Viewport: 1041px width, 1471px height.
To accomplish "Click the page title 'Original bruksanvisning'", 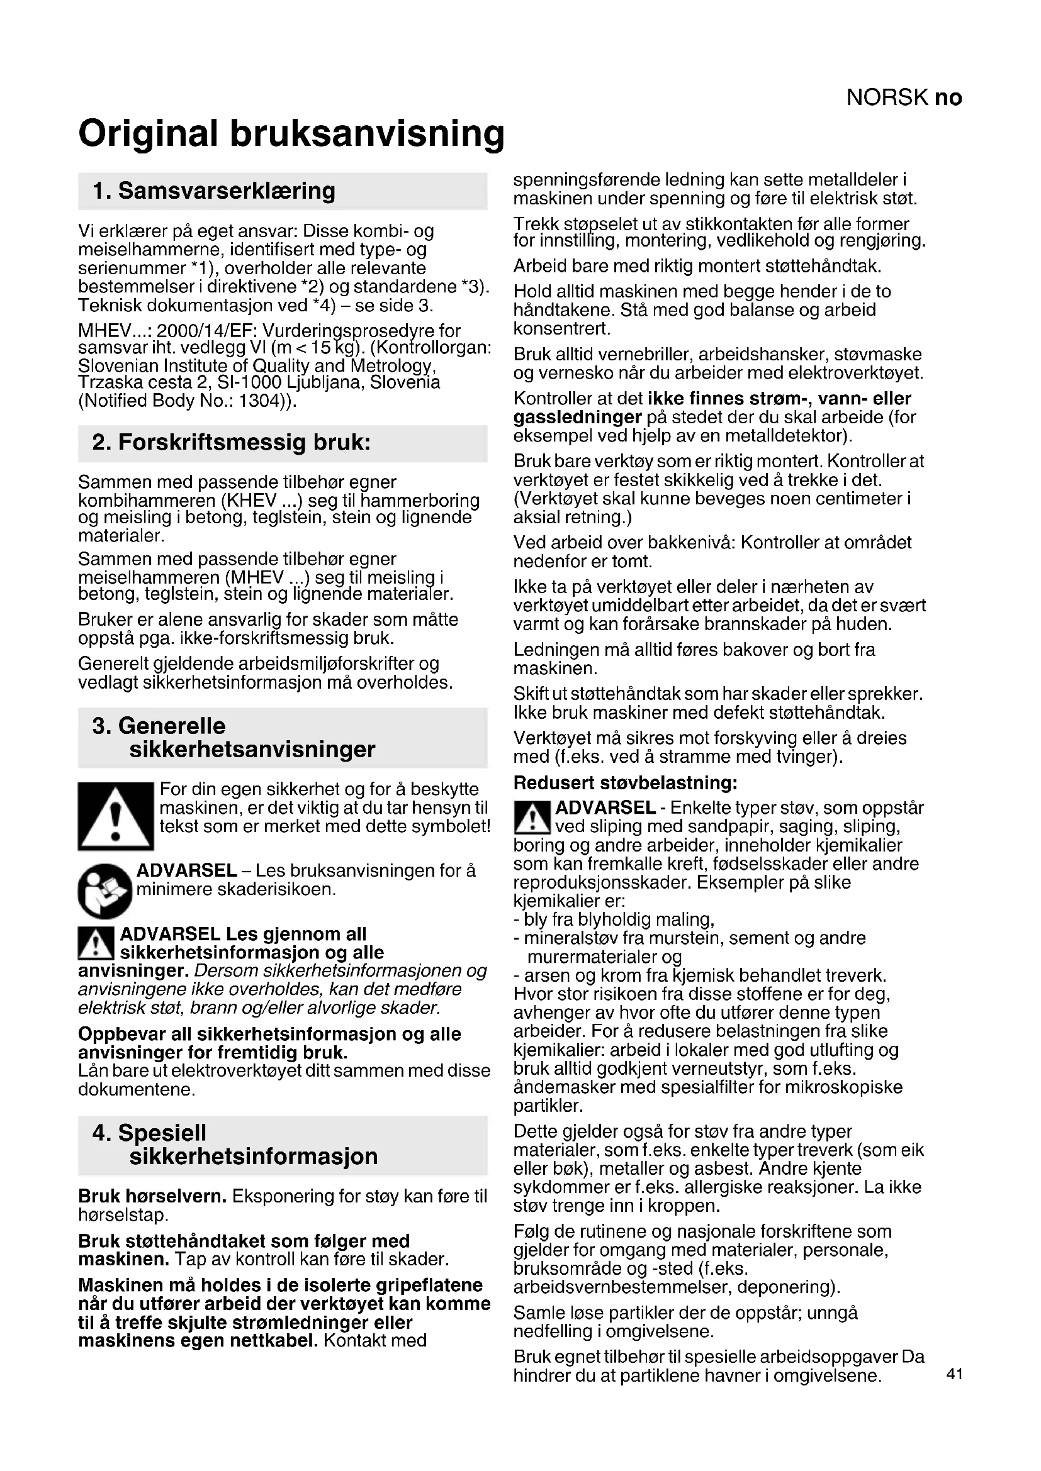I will (x=291, y=133).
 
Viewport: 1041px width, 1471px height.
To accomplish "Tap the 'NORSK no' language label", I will (x=903, y=97).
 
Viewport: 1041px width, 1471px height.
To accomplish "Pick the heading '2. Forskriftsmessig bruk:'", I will (x=232, y=443).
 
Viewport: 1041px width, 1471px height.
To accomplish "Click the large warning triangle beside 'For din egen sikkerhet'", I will (x=116, y=816).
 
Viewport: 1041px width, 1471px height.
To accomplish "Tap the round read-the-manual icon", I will (x=104, y=891).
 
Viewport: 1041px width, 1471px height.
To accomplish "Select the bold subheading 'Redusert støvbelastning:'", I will (x=626, y=782).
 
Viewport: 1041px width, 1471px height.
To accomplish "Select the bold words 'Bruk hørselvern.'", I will (x=152, y=1196).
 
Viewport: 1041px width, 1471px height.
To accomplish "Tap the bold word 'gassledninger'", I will (x=577, y=418).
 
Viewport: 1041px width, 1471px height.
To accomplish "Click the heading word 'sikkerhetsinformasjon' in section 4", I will (x=253, y=1157).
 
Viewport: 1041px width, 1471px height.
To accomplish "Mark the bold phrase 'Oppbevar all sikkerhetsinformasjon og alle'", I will (x=269, y=1034).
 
